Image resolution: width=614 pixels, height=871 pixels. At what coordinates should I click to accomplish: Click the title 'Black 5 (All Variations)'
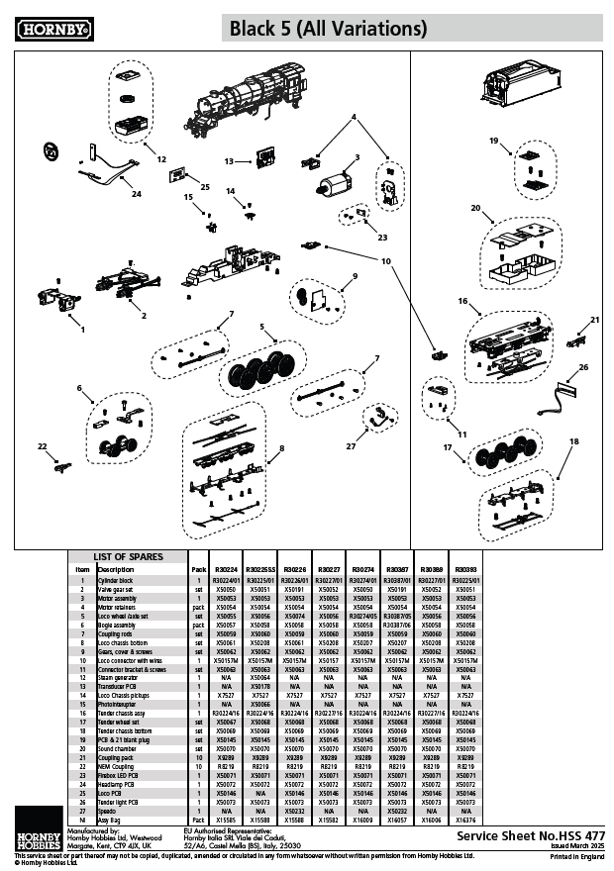(x=329, y=30)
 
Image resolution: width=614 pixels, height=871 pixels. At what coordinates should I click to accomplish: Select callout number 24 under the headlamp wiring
(x=137, y=194)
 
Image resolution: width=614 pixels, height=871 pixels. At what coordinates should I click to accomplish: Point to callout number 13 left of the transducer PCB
(x=228, y=159)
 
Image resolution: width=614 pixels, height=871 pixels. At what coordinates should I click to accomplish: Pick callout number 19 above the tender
(x=493, y=142)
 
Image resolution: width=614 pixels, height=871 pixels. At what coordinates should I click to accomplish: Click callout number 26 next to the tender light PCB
(x=583, y=367)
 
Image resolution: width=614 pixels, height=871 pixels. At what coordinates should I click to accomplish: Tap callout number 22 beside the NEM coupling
(x=42, y=447)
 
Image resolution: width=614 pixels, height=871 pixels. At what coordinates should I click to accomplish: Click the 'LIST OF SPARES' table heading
(x=128, y=557)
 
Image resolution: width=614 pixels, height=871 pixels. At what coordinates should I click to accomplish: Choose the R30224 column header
(x=227, y=570)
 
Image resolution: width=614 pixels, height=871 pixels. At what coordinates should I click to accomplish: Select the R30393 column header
(x=465, y=570)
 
